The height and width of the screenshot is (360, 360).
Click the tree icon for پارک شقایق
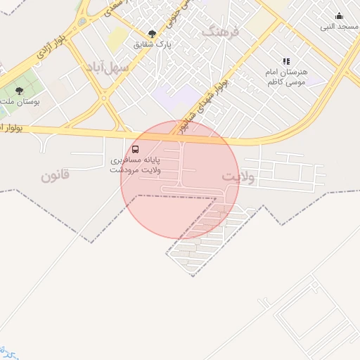[x=153, y=33]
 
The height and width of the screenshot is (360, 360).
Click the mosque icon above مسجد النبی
[x=340, y=16]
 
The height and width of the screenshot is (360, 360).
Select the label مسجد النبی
[x=340, y=27]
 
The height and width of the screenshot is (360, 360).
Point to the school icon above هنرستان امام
[x=285, y=62]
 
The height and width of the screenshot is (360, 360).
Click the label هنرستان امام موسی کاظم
[x=285, y=77]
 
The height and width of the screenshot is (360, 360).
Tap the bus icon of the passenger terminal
[x=136, y=149]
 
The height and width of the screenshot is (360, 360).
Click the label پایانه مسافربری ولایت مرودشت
[x=136, y=165]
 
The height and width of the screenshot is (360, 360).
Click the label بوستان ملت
[x=20, y=101]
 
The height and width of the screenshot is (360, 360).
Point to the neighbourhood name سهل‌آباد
[x=107, y=67]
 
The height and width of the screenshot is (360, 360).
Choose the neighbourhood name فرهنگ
[x=221, y=32]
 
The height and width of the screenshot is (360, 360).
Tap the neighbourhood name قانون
[x=55, y=175]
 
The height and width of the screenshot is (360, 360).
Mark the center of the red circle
[x=180, y=179]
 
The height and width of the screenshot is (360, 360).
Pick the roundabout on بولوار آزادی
[x=82, y=22]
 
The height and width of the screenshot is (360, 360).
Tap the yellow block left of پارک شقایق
[x=117, y=39]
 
